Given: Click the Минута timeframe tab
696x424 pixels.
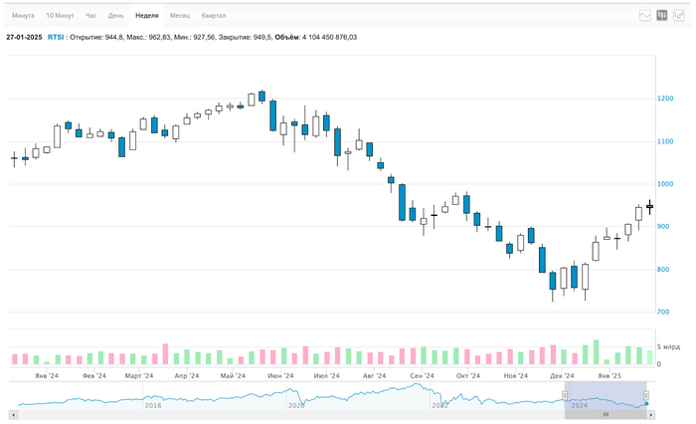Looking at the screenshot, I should (x=23, y=16).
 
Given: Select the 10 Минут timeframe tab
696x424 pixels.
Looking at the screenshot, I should (x=60, y=16).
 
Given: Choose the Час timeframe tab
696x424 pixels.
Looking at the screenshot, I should (x=91, y=16).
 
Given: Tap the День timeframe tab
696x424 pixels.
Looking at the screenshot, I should (x=116, y=16).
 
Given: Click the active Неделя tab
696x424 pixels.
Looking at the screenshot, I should (x=146, y=16).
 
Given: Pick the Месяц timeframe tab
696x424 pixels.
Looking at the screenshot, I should (x=180, y=16).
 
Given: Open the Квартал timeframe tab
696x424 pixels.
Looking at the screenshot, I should (x=214, y=16).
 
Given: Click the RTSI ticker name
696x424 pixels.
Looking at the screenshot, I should (x=57, y=37).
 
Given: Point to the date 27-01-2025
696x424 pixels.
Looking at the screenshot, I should (x=23, y=37).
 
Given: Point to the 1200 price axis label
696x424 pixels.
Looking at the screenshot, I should (x=665, y=99).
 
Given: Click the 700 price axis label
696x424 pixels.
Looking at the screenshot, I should (x=664, y=312).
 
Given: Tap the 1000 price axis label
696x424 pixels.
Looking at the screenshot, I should (x=665, y=184).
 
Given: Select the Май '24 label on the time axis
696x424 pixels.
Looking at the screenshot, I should (x=233, y=376).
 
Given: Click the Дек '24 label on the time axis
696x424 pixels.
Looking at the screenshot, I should (x=563, y=376).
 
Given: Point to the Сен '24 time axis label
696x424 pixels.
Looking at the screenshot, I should (x=422, y=376).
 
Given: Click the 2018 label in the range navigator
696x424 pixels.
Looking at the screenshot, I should (x=152, y=405).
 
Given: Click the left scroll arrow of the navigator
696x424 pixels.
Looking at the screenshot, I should (x=13, y=414).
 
